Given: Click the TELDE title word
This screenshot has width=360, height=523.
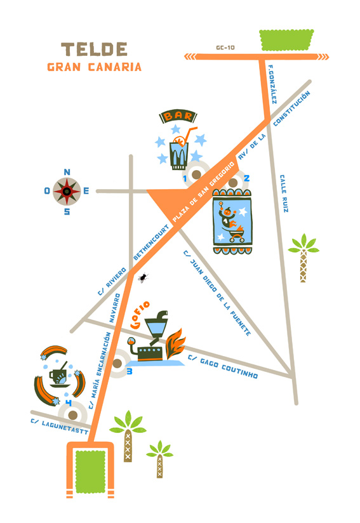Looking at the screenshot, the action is click(94, 50).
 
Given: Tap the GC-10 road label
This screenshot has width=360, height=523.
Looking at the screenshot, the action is click(225, 48).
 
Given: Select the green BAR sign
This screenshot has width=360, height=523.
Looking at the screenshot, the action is click(178, 116).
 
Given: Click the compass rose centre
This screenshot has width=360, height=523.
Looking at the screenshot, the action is click(67, 192).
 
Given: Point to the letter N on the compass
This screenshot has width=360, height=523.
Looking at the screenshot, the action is click(67, 172).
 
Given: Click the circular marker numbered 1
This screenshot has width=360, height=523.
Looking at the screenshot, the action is click(196, 174).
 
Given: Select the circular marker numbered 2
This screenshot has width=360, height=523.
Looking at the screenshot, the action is click(233, 182).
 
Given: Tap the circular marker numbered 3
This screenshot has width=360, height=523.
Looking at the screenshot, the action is click(117, 364).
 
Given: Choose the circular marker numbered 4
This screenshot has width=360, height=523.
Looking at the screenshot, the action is click(73, 415).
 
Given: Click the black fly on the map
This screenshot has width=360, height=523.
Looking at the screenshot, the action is click(143, 277).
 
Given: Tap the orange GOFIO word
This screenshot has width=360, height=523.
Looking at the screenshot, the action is click(140, 315).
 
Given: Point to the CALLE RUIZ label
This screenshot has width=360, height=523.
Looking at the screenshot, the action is click(284, 194).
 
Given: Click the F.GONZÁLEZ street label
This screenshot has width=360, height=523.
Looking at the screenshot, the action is click(272, 84).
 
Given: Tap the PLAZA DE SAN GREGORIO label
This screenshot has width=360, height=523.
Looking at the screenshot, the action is click(203, 192).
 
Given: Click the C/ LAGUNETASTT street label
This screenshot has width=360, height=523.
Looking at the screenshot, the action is click(60, 427).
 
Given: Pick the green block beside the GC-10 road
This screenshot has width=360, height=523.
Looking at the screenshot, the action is click(286, 40).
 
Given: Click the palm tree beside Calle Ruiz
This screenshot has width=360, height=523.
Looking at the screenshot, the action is click(303, 258).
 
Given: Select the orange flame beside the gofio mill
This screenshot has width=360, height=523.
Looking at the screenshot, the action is click(175, 344).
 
